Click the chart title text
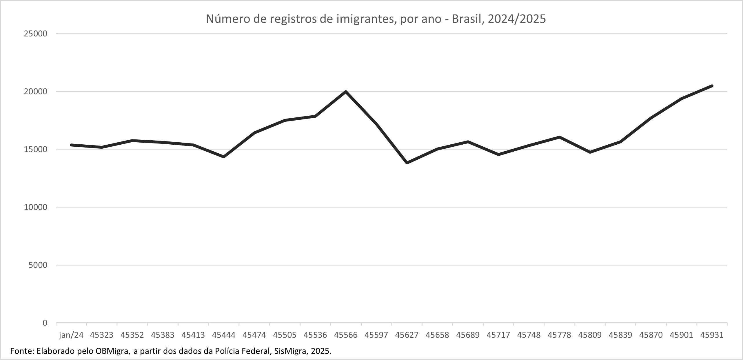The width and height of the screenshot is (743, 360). pos(376,19)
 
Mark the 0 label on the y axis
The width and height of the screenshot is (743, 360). pos(45,323)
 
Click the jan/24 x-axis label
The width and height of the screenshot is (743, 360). pos(71,335)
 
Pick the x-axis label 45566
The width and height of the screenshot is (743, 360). pos(346,335)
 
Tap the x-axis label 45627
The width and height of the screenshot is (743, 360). pos(407,335)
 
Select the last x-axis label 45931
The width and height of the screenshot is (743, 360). pos(712,335)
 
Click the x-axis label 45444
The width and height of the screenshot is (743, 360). pos(224,335)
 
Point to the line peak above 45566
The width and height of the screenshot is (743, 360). pos(346,92)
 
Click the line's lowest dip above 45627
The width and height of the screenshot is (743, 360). pos(407,163)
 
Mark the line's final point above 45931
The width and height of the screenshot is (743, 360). pos(712,86)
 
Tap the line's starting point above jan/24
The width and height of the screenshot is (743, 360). pos(71,145)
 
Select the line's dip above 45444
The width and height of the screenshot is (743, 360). pos(224,157)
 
